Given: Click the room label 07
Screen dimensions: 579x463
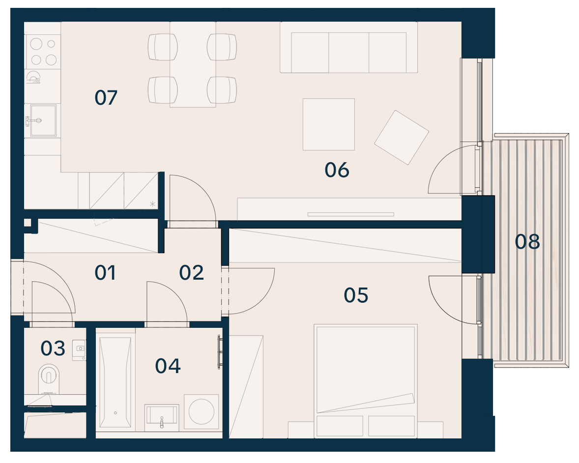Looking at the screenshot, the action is [x=106, y=98].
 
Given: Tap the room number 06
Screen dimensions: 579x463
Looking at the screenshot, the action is [x=337, y=170].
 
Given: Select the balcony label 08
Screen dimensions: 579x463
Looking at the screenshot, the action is [x=527, y=242].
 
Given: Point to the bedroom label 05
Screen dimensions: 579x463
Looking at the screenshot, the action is [x=356, y=295].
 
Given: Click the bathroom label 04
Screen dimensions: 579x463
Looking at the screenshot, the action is [x=168, y=366].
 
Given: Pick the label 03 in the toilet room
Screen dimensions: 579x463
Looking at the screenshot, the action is [x=53, y=348].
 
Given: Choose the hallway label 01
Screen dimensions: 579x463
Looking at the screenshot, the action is [x=105, y=273].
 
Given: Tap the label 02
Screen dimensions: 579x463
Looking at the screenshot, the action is [x=191, y=273].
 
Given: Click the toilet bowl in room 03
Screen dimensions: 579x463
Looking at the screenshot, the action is [x=48, y=378].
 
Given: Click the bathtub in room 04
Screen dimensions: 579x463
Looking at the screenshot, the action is [x=115, y=382].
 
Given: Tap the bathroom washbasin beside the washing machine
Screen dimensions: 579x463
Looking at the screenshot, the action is [x=162, y=418].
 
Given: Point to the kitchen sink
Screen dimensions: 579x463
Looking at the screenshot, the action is [x=43, y=120].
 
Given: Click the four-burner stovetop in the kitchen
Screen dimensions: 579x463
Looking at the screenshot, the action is [x=43, y=52].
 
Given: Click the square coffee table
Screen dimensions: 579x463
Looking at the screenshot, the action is [x=329, y=124].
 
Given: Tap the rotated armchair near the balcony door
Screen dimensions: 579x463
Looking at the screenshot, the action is [x=402, y=137].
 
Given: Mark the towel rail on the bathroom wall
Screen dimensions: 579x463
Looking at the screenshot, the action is [x=220, y=351].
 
